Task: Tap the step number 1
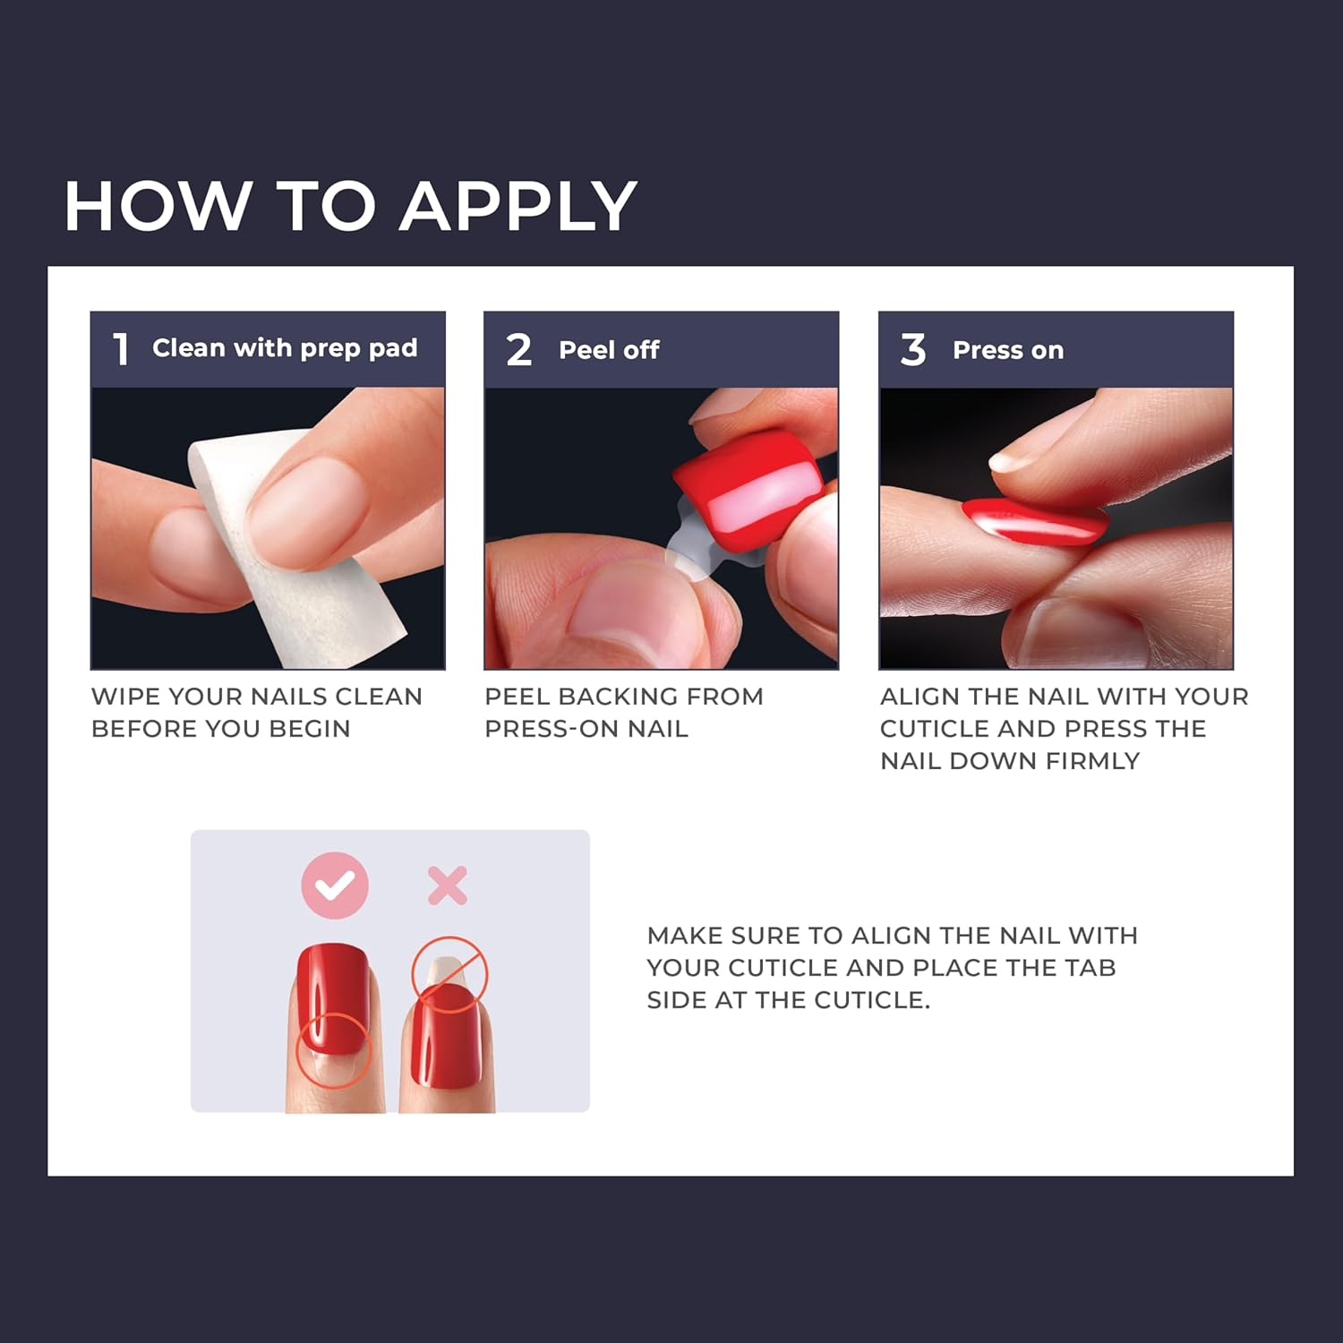(121, 349)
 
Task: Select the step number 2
(518, 349)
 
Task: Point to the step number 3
(912, 349)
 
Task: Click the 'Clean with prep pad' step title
(285, 348)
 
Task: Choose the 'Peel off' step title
(609, 350)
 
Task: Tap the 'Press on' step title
(1008, 350)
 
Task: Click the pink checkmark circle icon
(334, 885)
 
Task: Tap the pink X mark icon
(448, 885)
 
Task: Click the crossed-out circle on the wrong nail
(449, 974)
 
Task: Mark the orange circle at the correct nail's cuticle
(333, 1050)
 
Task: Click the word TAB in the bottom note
(1090, 968)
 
